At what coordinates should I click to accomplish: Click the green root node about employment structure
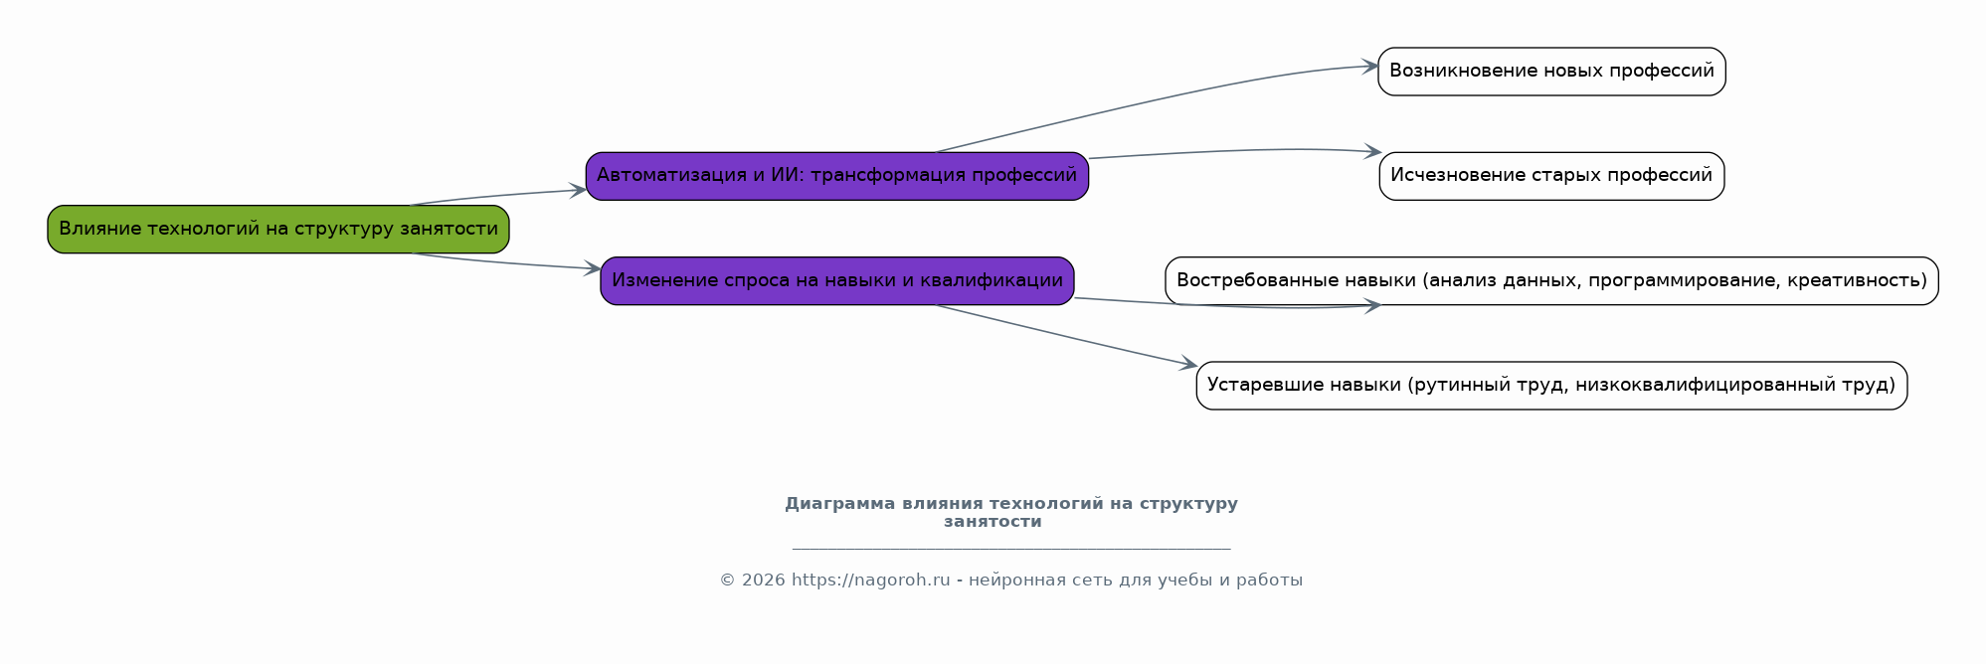pos(278,230)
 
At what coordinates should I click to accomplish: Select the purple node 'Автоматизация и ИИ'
pos(837,176)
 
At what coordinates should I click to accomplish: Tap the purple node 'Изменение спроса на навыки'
pos(837,281)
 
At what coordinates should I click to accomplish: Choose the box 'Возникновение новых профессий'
pos(1551,72)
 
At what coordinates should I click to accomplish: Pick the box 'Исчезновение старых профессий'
pos(1551,176)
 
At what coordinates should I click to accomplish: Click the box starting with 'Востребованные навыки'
pos(1551,281)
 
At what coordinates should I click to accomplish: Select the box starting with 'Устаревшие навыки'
pos(1551,386)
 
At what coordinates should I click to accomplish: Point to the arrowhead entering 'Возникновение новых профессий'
pos(1369,67)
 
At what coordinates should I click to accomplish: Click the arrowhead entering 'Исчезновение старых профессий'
pos(1372,152)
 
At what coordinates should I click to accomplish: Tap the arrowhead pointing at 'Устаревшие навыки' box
pos(1188,365)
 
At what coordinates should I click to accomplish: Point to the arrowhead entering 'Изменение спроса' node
pos(592,267)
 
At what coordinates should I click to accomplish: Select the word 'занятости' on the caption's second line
pos(993,522)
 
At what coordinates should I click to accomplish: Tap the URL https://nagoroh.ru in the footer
pos(871,581)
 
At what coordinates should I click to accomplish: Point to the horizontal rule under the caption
pos(1011,549)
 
